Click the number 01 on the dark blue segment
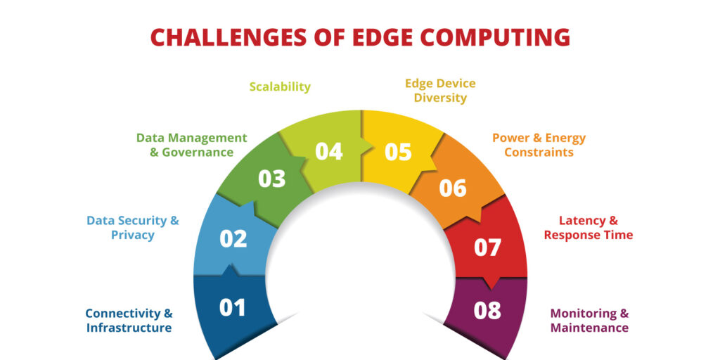[232, 307]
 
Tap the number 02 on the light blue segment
[233, 239]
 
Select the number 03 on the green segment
[272, 179]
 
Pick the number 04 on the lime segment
[329, 152]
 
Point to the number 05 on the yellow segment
[398, 152]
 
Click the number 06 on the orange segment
[453, 188]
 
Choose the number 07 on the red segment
[487, 247]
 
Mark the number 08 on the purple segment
[487, 311]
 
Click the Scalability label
[280, 86]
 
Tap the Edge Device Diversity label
[440, 91]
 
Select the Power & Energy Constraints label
[539, 145]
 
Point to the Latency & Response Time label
[589, 228]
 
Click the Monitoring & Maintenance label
[590, 321]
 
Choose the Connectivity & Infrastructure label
[129, 321]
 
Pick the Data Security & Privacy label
[133, 228]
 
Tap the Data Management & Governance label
[192, 145]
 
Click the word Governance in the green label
[198, 152]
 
